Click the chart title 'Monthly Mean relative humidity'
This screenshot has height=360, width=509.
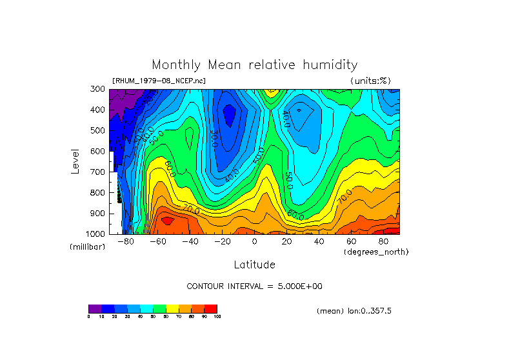(x=254, y=65)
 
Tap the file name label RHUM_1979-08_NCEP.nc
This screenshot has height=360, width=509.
(x=159, y=81)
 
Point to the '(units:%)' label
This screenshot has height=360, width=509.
(x=370, y=81)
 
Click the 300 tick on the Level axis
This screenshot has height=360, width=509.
(x=97, y=90)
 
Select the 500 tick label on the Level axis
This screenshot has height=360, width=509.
(x=97, y=131)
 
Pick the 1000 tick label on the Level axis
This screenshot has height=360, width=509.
(x=95, y=234)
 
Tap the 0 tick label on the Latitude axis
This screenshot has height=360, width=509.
(x=254, y=242)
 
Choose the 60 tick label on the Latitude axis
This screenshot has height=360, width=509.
(x=352, y=242)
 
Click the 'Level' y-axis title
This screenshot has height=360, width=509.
(x=75, y=161)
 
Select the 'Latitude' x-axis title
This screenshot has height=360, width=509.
(x=254, y=265)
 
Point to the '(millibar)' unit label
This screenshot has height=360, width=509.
(x=87, y=247)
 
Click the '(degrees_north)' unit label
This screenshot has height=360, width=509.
(x=376, y=252)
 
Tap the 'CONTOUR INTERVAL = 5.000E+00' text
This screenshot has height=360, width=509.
(x=254, y=286)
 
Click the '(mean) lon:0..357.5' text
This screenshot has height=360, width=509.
(x=354, y=310)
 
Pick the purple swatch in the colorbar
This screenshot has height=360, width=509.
(x=95, y=308)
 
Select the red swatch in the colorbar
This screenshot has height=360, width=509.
(x=211, y=308)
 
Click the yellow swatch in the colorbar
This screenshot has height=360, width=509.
(x=172, y=308)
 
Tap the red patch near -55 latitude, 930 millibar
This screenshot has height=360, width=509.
(x=167, y=221)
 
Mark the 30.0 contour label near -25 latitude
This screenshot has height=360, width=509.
(x=214, y=137)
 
